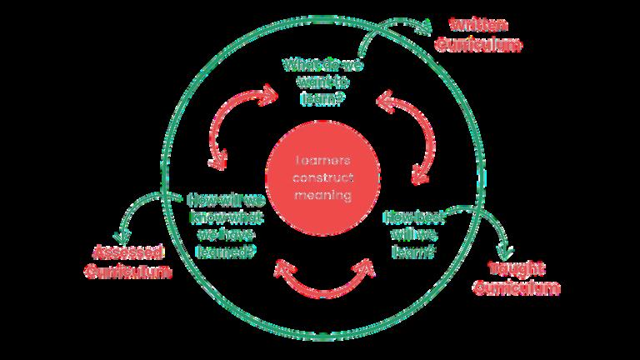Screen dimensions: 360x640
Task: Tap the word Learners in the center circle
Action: coord(322,160)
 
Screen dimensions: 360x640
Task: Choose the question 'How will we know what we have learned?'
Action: coord(225,224)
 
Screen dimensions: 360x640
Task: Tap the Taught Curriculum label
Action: coord(517,277)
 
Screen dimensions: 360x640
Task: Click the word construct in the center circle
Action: coord(322,178)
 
